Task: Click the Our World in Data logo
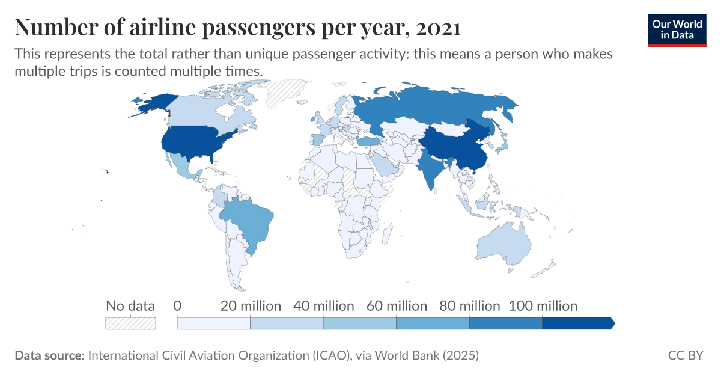click(x=677, y=29)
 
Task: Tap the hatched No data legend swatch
click(x=130, y=323)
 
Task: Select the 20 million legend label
click(x=251, y=306)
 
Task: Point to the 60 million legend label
click(x=397, y=306)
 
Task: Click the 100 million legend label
click(x=543, y=306)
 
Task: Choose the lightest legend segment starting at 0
click(x=213, y=323)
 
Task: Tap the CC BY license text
click(x=686, y=355)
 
